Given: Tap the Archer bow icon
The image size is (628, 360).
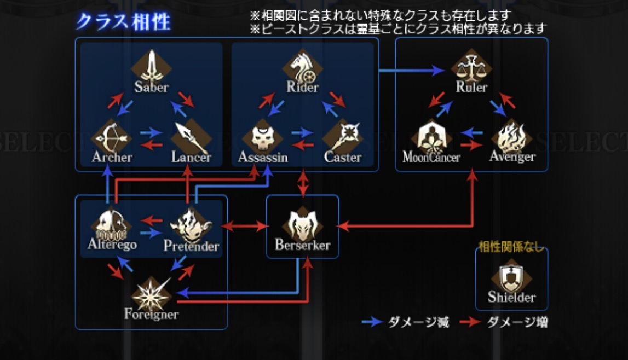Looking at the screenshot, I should pos(112,136).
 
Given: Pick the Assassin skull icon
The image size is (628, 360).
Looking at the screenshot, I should pos(262,137).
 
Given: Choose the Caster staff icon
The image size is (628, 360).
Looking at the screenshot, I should pos(342,136).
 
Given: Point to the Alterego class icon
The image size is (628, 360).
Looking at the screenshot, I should pos(112,223).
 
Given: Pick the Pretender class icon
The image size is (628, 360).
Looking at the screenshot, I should pos(191,224).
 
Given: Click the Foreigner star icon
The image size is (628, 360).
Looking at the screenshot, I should pos(151,294).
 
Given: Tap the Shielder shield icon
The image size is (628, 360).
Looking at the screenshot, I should pos(511,278).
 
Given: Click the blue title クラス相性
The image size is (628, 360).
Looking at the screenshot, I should pos(124,21).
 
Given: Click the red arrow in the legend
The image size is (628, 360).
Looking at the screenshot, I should pos(470,322).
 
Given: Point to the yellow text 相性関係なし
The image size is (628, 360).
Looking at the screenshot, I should pos(511,247).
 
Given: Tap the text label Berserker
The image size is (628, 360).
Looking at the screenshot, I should pos(302,245).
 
